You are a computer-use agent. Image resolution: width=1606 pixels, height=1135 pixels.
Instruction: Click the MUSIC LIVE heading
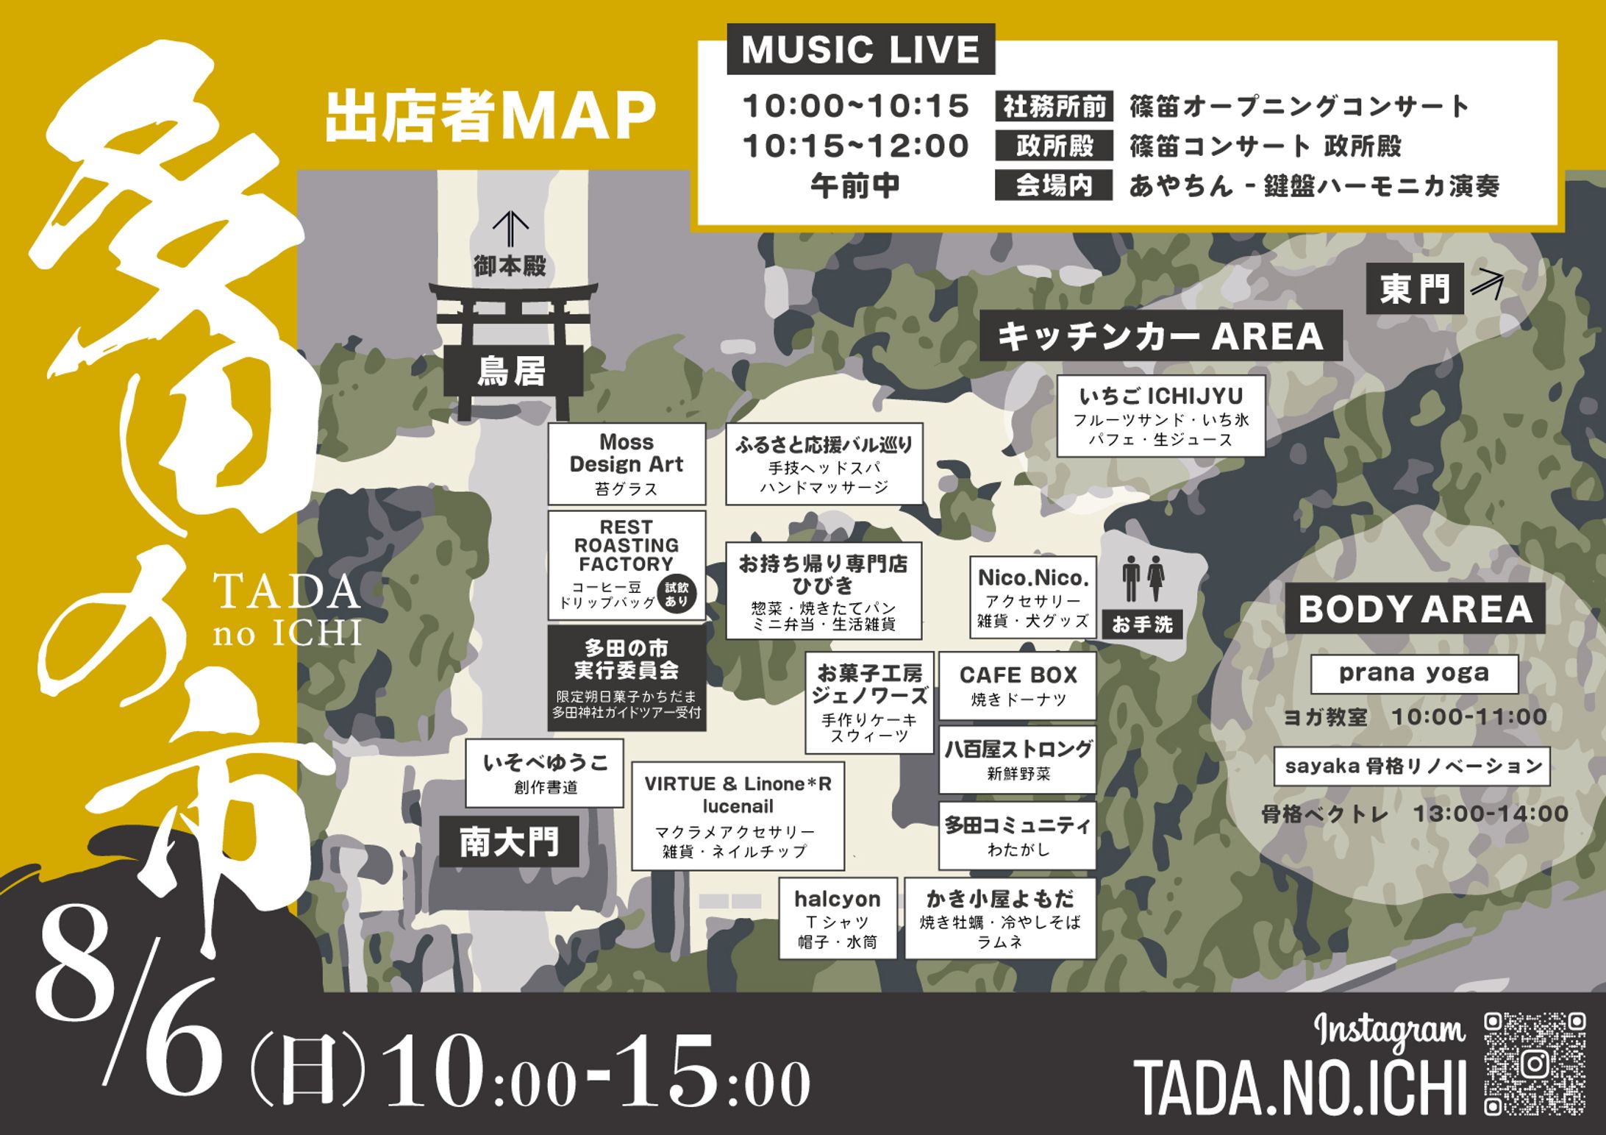click(860, 49)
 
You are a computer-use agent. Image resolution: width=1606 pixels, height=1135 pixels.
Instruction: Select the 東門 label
click(1414, 288)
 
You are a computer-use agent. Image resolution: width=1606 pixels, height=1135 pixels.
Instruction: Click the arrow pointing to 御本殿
click(510, 229)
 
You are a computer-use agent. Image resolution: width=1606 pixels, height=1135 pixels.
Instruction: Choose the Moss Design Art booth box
click(627, 464)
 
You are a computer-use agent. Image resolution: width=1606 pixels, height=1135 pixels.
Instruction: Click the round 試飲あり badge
click(676, 594)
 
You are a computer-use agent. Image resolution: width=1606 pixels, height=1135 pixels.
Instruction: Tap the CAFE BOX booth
click(1018, 686)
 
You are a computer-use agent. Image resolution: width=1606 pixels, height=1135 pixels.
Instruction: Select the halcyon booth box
click(838, 918)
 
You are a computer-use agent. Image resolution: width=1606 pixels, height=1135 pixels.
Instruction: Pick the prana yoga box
click(1414, 674)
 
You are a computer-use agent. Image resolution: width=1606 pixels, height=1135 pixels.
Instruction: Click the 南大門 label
click(509, 842)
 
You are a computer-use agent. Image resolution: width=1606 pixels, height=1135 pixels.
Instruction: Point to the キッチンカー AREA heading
click(1160, 336)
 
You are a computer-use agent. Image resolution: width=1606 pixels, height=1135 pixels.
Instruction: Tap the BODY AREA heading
click(1415, 609)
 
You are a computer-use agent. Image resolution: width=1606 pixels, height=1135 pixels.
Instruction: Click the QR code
click(1534, 1064)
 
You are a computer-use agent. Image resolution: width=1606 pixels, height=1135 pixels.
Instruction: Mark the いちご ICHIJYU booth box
click(1160, 416)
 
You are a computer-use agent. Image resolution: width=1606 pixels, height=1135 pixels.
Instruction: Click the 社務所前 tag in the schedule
click(1054, 107)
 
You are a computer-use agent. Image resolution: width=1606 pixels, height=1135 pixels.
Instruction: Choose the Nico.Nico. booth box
click(1032, 597)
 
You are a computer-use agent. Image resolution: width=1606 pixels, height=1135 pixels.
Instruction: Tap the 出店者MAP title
click(490, 115)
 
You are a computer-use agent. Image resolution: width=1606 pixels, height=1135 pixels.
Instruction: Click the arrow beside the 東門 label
click(1487, 282)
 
